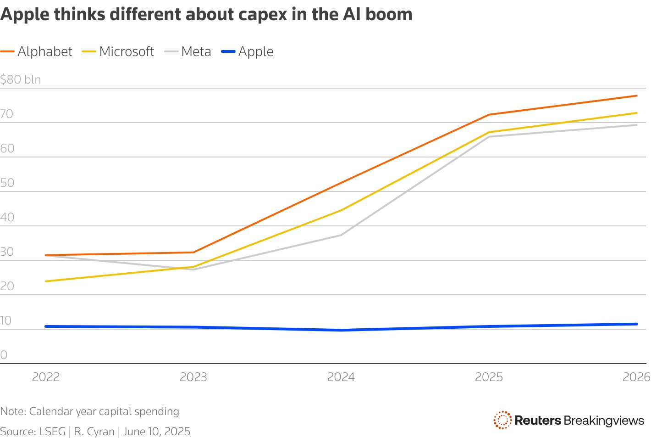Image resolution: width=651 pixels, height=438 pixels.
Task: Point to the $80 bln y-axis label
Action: pyautogui.click(x=21, y=79)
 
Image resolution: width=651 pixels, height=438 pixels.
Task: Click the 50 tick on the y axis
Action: pyautogui.click(x=7, y=183)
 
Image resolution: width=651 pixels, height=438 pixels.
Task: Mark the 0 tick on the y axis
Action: pyautogui.click(x=4, y=355)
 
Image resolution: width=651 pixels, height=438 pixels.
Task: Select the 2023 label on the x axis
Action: pyautogui.click(x=193, y=377)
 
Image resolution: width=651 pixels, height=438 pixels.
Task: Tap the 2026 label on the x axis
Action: pyautogui.click(x=636, y=377)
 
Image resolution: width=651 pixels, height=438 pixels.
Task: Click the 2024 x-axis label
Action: pyautogui.click(x=341, y=377)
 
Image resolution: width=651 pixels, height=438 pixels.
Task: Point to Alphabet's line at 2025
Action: pyautogui.click(x=489, y=115)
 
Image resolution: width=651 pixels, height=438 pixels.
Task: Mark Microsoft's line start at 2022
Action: pyautogui.click(x=46, y=281)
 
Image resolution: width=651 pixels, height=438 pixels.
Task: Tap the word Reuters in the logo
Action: pyautogui.click(x=537, y=420)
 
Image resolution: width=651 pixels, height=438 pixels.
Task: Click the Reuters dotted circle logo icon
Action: pyautogui.click(x=502, y=420)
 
